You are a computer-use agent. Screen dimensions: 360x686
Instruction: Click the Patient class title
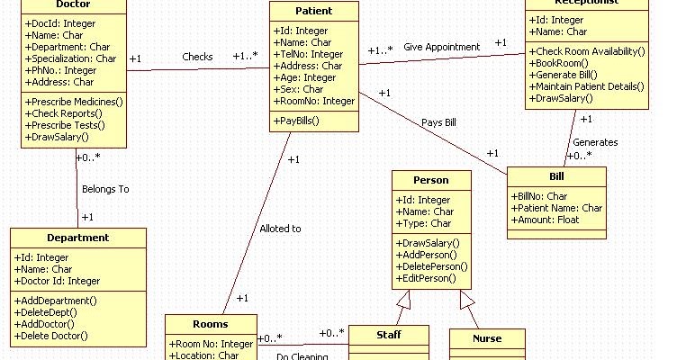pyautogui.click(x=313, y=12)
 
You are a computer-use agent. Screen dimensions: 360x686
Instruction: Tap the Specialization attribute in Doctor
pyautogui.click(x=71, y=58)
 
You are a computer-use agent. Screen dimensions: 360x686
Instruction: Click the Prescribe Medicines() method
pyautogui.click(x=72, y=102)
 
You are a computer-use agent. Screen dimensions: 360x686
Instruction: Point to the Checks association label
pyautogui.click(x=197, y=56)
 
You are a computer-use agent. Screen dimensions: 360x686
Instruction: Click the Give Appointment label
pyautogui.click(x=442, y=46)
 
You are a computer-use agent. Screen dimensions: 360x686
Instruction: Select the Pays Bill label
pyautogui.click(x=438, y=121)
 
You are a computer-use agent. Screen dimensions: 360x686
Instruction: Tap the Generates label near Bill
pyautogui.click(x=595, y=142)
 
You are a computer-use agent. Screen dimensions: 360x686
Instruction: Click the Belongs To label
pyautogui.click(x=105, y=189)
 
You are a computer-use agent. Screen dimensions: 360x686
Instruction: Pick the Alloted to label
pyautogui.click(x=280, y=229)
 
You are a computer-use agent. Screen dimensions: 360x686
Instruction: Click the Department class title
pyautogui.click(x=77, y=238)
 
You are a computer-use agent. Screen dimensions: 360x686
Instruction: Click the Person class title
pyautogui.click(x=430, y=180)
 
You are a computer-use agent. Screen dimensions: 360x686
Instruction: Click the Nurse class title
pyautogui.click(x=487, y=338)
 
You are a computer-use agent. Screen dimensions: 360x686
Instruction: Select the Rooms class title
pyautogui.click(x=210, y=324)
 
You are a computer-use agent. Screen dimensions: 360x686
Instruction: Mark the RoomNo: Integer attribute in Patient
pyautogui.click(x=314, y=102)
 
